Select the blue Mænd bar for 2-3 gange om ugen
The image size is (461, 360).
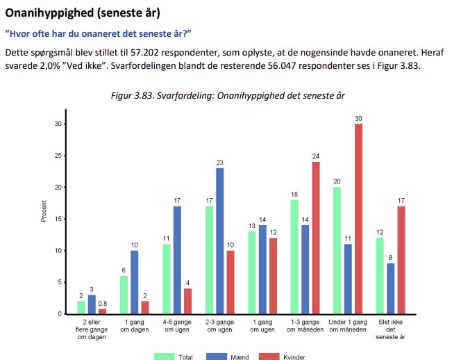(x=220, y=241)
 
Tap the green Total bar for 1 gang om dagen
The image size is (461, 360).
(x=124, y=295)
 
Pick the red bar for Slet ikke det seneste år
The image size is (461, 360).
(x=401, y=260)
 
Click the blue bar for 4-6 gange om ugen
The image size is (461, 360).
(x=177, y=260)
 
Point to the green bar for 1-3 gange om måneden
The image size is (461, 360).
(x=294, y=256)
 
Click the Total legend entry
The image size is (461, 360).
(x=174, y=357)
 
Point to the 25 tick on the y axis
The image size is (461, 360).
(x=58, y=156)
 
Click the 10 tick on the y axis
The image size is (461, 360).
(x=58, y=251)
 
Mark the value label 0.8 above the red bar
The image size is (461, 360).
(x=103, y=304)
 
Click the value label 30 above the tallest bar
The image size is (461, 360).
(x=358, y=119)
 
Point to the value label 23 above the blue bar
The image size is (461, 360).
(x=220, y=163)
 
